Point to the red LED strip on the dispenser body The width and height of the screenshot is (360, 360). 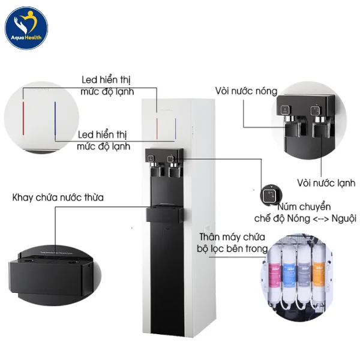[157, 128]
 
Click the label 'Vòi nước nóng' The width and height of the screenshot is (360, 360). [246, 91]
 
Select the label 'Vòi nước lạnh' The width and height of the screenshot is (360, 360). [325, 182]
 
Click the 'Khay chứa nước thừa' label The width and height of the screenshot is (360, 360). [57, 197]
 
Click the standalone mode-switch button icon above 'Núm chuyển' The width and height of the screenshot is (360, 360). [269, 196]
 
